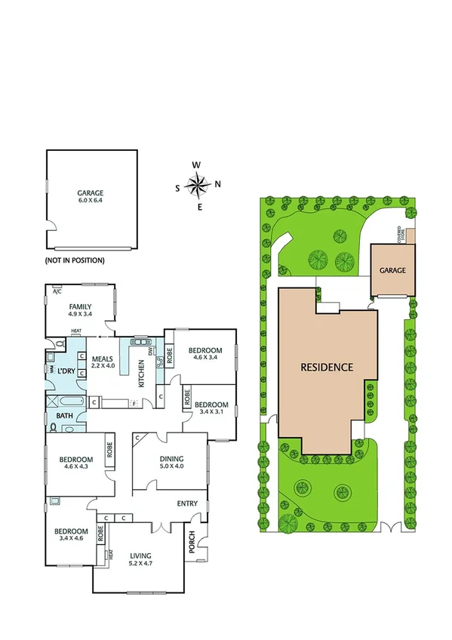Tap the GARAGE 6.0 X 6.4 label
90,197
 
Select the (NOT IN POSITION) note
75,260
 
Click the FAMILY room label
80,309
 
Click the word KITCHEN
142,374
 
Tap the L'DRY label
66,371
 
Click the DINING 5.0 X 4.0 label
171,462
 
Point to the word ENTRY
187,503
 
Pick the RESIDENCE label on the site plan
327,368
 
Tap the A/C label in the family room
57,293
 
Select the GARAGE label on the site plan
392,270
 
